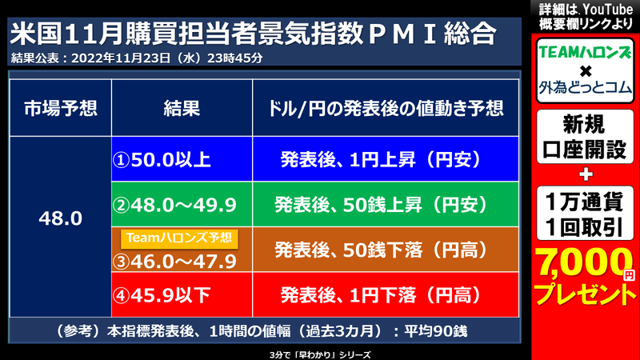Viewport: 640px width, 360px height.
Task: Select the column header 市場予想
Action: click(60, 106)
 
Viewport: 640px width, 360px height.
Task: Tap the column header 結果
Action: click(181, 106)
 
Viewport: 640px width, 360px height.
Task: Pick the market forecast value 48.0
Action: click(60, 217)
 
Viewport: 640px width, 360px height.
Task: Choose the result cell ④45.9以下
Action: click(162, 296)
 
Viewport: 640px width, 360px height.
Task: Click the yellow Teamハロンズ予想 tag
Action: click(178, 237)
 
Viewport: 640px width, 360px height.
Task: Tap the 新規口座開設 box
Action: click(586, 137)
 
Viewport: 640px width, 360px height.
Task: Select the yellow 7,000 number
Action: click(581, 261)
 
